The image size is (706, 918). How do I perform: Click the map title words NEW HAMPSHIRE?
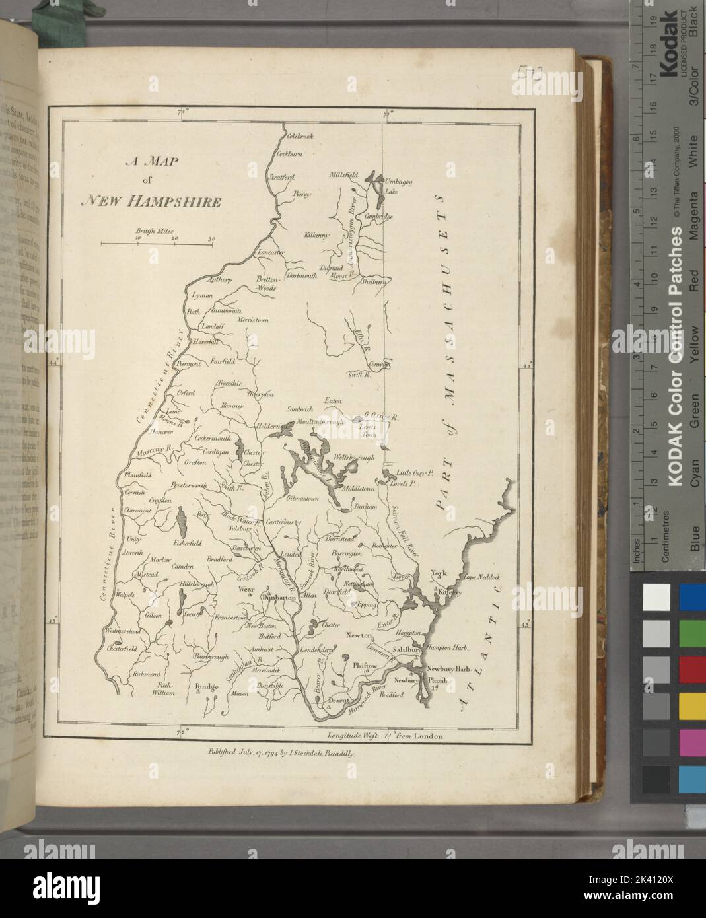coord(150,202)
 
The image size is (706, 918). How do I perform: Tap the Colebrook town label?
coord(299,136)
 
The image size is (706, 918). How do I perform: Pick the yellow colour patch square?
coord(691,708)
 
